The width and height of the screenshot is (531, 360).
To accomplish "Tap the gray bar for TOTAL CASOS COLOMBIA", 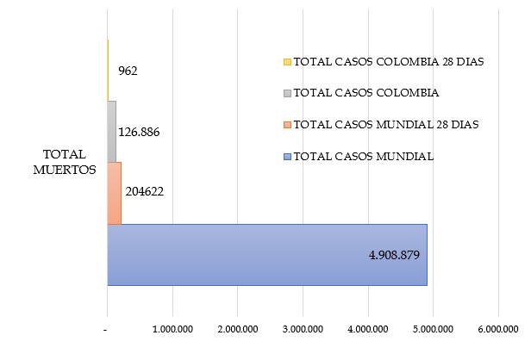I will [x=111, y=131].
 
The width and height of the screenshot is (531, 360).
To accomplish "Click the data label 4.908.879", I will [x=387, y=255].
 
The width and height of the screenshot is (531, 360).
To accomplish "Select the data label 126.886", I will [x=139, y=132].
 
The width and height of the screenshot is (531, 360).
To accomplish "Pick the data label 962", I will [x=128, y=71].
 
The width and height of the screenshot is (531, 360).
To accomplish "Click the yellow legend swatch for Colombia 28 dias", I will [x=287, y=62].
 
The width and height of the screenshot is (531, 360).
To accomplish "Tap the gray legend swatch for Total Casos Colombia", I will [x=287, y=93].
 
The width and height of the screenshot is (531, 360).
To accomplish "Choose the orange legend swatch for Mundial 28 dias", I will [x=287, y=125].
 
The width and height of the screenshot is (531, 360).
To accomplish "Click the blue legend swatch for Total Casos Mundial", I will [x=287, y=157].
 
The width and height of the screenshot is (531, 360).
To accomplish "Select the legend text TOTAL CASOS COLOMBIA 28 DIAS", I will [x=389, y=62].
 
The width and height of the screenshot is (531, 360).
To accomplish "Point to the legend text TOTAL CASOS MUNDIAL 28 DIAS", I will [x=386, y=125].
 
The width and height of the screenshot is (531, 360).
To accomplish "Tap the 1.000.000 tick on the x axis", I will [x=172, y=328].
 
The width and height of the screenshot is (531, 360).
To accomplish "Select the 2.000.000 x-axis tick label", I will [x=238, y=328].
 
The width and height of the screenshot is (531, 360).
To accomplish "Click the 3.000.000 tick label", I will [x=303, y=328].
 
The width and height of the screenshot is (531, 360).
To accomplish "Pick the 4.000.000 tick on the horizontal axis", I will [x=368, y=328].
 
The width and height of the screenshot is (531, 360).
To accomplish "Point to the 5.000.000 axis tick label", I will [x=433, y=328].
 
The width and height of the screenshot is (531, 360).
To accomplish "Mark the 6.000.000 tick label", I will [x=498, y=328].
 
